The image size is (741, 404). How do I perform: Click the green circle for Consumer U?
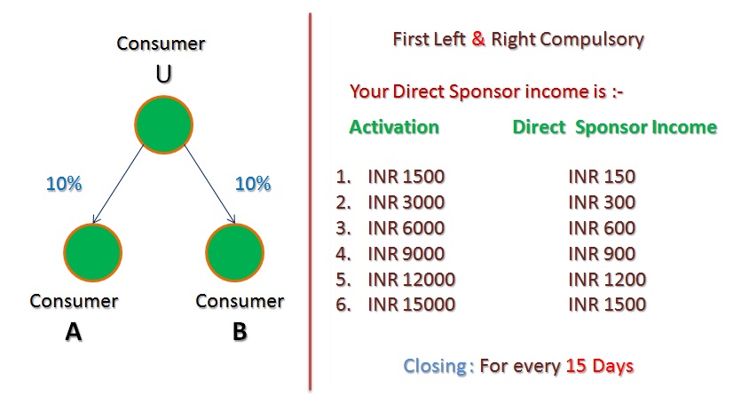pos(163,124)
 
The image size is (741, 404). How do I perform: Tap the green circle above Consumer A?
pos(92,253)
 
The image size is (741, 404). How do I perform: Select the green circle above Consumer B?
pos(234,253)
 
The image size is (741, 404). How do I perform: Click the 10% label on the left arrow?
pos(64,184)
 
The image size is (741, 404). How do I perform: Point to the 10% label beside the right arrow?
pos(253,184)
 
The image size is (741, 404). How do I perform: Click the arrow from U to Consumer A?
pos(118,184)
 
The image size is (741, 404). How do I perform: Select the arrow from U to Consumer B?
pos(209,184)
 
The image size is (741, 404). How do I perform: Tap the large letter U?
pos(163,74)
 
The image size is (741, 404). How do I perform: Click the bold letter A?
pos(74,331)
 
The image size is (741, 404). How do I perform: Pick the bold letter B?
pos(240,331)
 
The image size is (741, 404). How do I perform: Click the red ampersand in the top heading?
pos(478,39)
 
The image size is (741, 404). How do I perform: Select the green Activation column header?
pos(394,127)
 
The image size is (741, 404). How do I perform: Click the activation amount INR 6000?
pos(406,228)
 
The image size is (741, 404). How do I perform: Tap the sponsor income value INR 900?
pos(602,254)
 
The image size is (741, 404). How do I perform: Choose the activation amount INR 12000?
pos(411,280)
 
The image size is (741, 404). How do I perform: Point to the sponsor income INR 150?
pos(602,177)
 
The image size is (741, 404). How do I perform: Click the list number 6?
pos(343,305)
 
